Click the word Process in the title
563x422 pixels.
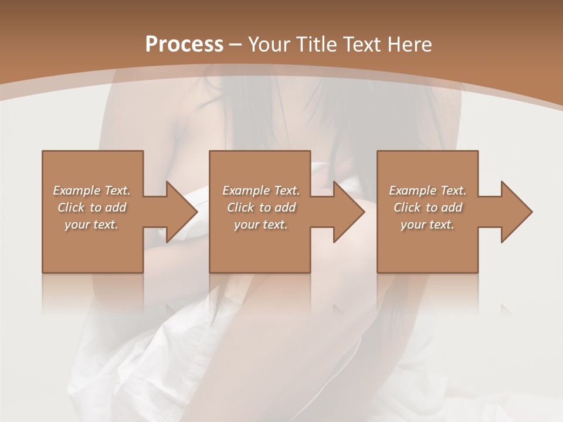(184, 45)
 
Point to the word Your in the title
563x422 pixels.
(267, 45)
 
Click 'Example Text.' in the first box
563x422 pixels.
(91, 190)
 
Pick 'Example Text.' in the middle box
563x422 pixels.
(261, 190)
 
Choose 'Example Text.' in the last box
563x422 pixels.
(428, 190)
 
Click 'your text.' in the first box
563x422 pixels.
(91, 224)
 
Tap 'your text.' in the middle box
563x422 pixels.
(261, 224)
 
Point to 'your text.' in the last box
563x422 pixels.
(428, 224)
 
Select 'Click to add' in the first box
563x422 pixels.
(91, 207)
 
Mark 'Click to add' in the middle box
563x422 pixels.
(261, 207)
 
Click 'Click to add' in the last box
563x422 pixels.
(428, 207)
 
